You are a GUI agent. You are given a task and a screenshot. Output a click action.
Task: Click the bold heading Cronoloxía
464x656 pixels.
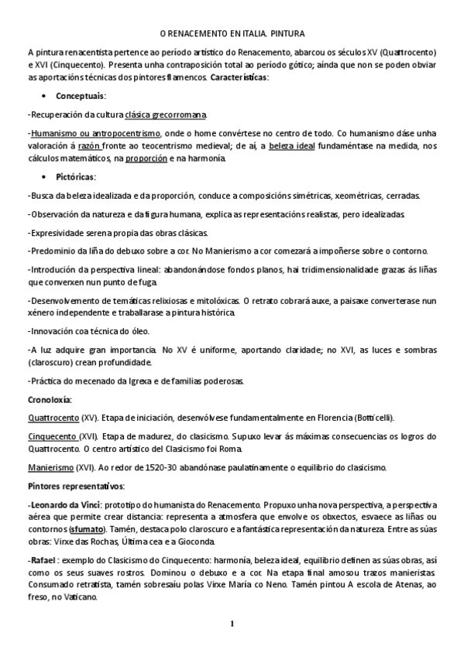[x=50, y=399]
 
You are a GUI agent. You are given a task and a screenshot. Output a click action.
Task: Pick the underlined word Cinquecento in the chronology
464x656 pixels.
[x=52, y=436]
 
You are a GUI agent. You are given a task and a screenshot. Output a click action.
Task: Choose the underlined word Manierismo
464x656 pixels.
[x=50, y=467]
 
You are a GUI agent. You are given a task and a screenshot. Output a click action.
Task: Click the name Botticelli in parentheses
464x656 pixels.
[x=373, y=418]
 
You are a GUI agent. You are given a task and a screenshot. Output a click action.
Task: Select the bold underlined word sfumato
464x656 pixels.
[x=88, y=528]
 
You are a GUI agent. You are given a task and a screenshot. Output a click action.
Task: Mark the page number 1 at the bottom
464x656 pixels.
[x=231, y=624]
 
